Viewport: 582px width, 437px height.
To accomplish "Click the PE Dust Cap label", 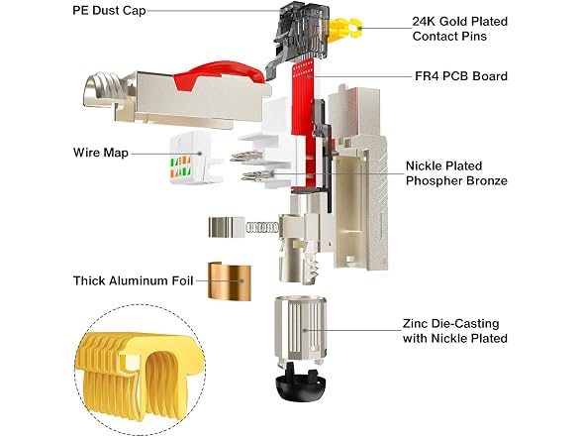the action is (109, 10).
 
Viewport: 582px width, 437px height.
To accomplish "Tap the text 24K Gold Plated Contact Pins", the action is (460, 29).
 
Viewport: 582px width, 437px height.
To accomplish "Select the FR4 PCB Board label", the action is (461, 76).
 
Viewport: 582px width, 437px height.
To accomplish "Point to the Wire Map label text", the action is (101, 153).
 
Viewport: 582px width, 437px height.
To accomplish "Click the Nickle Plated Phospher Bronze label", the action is (456, 173).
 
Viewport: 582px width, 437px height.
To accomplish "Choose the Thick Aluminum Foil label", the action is (133, 280).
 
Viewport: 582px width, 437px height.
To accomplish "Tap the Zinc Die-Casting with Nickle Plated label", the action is (455, 331).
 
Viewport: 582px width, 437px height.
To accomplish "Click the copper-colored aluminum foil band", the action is (229, 281).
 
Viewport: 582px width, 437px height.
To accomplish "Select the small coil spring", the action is (262, 228).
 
